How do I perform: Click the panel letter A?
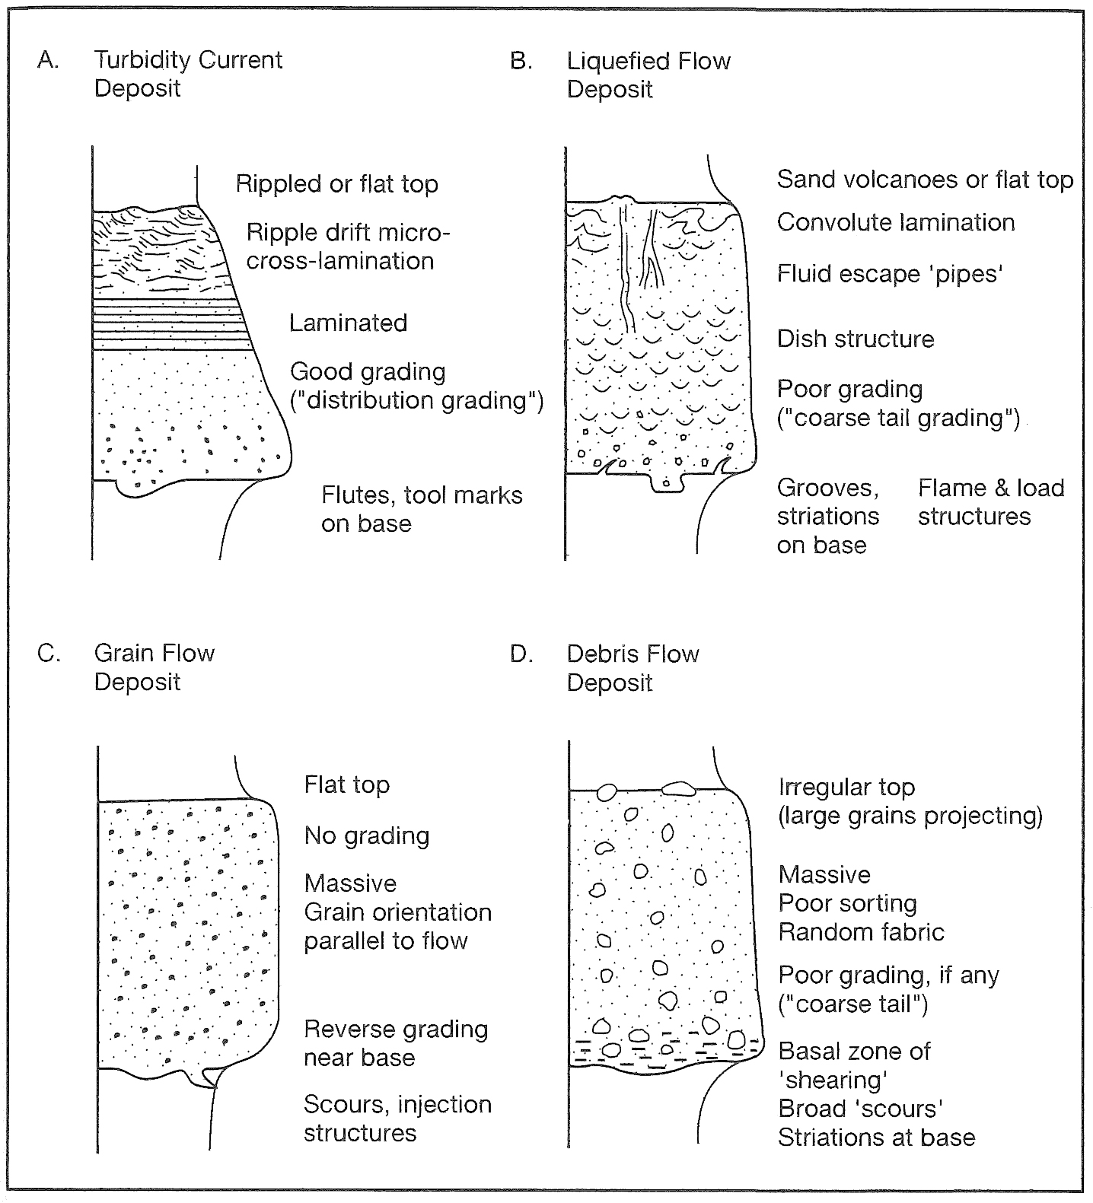(48, 60)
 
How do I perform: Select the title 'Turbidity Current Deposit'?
(188, 74)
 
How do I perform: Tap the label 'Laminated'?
(348, 323)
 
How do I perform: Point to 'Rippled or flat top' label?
(337, 184)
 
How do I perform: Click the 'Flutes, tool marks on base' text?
(422, 509)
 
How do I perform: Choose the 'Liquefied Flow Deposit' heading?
(648, 75)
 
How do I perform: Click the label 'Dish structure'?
(856, 339)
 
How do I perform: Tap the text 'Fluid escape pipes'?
(890, 274)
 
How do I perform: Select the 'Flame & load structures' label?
(991, 502)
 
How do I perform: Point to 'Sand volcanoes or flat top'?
(925, 180)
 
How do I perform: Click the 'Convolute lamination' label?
(896, 222)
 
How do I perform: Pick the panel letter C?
(49, 654)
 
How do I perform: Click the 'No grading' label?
(367, 835)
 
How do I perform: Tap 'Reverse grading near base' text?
(396, 1043)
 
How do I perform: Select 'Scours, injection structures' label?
(397, 1119)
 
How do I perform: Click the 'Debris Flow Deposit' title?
(633, 668)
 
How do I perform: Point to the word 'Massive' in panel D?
(824, 875)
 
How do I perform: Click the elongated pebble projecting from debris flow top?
(680, 788)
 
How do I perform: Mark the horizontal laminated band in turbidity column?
(173, 324)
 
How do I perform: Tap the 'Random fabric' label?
(861, 932)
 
